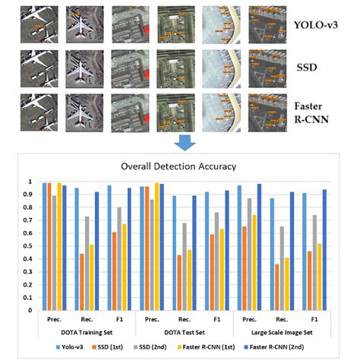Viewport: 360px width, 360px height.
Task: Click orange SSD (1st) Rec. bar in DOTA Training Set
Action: tap(81, 283)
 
